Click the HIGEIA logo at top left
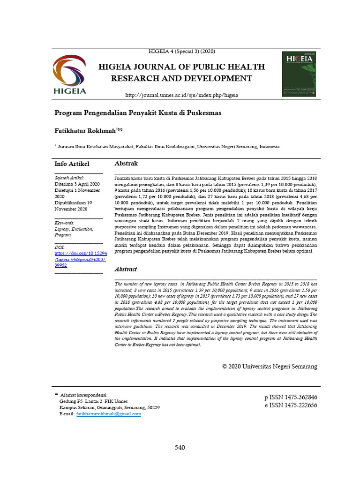(x=69, y=75)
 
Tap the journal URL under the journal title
(x=181, y=95)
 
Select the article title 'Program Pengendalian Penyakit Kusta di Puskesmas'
(x=138, y=113)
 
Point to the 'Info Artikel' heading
(x=72, y=164)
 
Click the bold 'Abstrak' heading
(x=126, y=164)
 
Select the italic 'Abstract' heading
(x=126, y=270)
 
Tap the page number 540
(x=180, y=448)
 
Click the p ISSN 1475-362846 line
(x=291, y=397)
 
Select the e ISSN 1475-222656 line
(x=291, y=405)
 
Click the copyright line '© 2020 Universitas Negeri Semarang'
(x=270, y=366)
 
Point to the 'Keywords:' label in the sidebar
(x=65, y=223)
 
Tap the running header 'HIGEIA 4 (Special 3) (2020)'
(x=181, y=51)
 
